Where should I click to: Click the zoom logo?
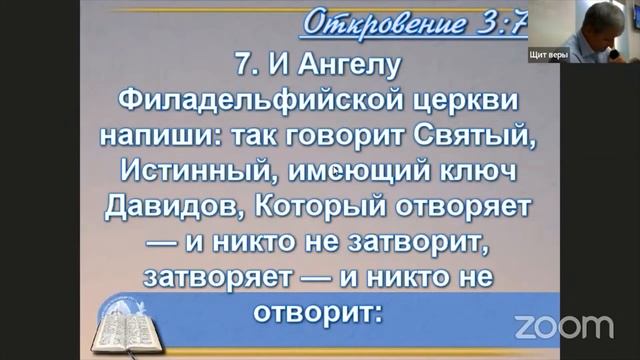563,325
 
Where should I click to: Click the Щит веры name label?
549,56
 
